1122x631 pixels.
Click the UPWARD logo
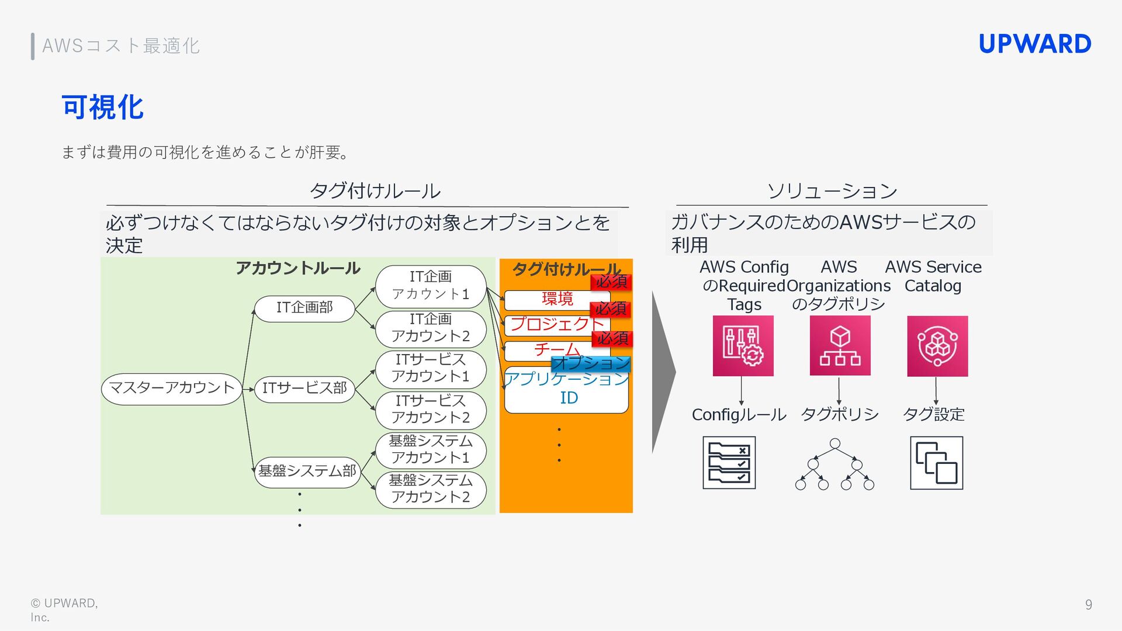tap(1034, 44)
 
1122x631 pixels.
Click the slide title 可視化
tap(103, 108)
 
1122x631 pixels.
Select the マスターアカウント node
tap(171, 389)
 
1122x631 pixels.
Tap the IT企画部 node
tap(304, 308)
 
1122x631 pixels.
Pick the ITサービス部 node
tap(304, 389)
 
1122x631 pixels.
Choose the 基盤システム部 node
tap(307, 471)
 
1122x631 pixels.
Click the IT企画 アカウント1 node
tap(431, 286)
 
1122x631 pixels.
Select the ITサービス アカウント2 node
tap(431, 410)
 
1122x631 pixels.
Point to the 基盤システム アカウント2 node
tap(431, 489)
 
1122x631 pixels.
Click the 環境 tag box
tap(556, 299)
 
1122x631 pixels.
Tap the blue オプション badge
tap(591, 363)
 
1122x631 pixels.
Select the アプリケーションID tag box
tap(566, 390)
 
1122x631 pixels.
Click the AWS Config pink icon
tap(743, 346)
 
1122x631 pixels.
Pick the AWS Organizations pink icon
tap(840, 346)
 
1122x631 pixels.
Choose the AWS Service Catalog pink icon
tap(937, 346)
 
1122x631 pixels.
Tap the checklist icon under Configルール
tap(729, 463)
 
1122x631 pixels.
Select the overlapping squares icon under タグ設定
tap(936, 463)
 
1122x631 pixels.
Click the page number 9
tap(1088, 605)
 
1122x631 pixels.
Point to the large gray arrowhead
tap(663, 372)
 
